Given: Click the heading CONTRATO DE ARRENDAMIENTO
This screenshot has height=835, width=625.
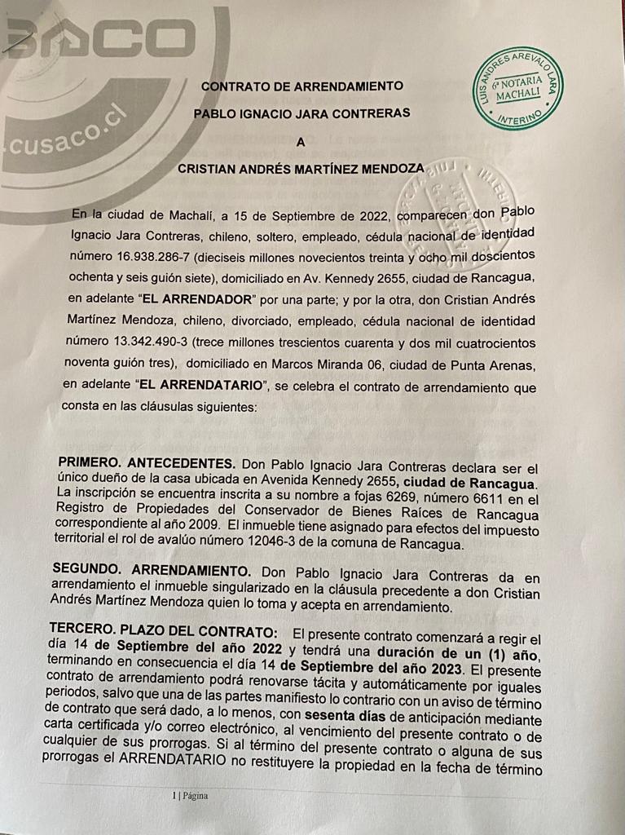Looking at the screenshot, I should (x=301, y=86).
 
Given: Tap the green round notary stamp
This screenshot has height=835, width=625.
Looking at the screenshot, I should (x=518, y=88).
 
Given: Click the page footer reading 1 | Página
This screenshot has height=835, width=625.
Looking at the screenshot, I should (x=190, y=796).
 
